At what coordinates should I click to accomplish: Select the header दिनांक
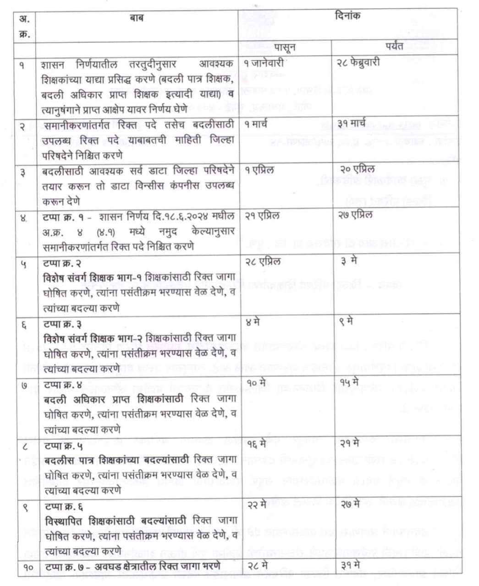[x=347, y=16]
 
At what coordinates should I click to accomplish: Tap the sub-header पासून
[x=285, y=47]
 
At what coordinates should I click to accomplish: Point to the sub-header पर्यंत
[x=394, y=46]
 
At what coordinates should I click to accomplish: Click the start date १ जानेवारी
[x=265, y=63]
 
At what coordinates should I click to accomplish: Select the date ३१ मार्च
[x=351, y=124]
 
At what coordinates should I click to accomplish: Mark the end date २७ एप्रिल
[x=355, y=215]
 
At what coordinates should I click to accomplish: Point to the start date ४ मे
[x=253, y=322]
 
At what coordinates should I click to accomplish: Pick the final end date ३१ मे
[x=350, y=566]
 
